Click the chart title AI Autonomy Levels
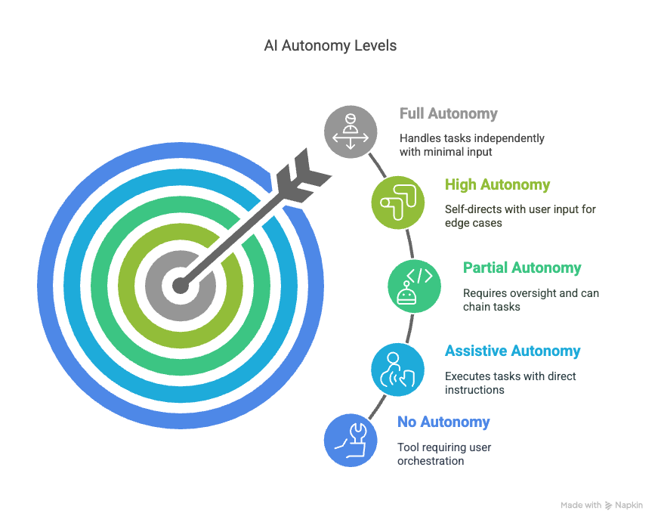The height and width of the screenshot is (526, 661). tap(329, 46)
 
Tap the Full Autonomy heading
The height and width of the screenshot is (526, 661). tap(448, 114)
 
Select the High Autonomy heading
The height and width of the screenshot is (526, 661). tap(497, 184)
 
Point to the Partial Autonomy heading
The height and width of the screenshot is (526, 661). tap(522, 268)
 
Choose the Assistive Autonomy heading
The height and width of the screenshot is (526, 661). tap(512, 351)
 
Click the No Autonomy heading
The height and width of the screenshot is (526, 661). tap(443, 422)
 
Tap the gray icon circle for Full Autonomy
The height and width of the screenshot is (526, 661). tap(351, 132)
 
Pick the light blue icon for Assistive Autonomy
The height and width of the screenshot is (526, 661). tap(397, 369)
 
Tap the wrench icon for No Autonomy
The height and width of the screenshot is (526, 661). tap(350, 439)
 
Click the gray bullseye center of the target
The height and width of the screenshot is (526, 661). tap(179, 285)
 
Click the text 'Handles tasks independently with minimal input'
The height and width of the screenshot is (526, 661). tap(471, 145)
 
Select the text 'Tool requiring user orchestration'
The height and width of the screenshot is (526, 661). tap(444, 453)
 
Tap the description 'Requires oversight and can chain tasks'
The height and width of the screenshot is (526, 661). tap(530, 299)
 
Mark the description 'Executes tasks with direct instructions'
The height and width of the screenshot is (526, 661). tap(509, 383)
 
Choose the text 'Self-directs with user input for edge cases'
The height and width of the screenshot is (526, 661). tap(520, 215)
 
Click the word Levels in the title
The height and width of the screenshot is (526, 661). tap(374, 46)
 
